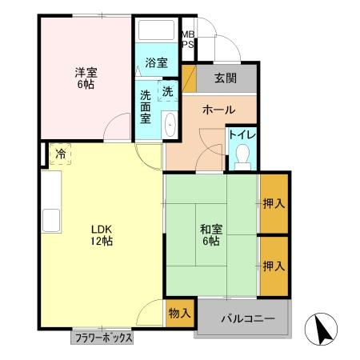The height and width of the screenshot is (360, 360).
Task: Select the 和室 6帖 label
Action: [x=212, y=235]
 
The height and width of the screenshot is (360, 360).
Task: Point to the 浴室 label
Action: [x=156, y=62]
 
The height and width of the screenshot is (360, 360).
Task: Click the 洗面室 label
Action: [x=146, y=106]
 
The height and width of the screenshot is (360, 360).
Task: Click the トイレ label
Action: [x=242, y=134]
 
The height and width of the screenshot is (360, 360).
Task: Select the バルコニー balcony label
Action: [x=248, y=319]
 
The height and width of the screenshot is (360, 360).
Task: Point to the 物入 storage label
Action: [x=179, y=313]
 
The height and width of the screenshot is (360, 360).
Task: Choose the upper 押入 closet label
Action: [x=274, y=204]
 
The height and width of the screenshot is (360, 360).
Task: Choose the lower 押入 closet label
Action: [x=274, y=265]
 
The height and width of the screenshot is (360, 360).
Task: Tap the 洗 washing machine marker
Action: [x=167, y=92]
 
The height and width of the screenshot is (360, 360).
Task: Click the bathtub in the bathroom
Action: [x=158, y=31]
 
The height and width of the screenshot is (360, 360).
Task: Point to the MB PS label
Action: [x=187, y=39]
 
